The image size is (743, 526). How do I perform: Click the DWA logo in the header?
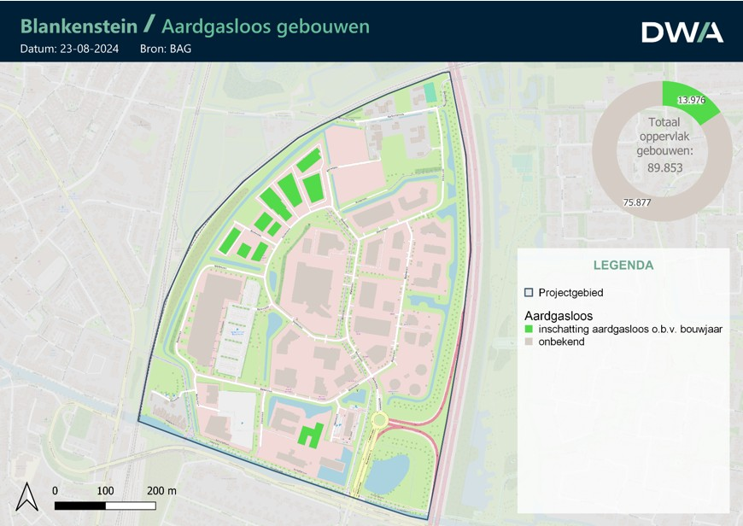click(682, 32)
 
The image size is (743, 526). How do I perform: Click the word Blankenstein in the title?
click(79, 26)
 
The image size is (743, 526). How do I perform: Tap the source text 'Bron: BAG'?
click(165, 49)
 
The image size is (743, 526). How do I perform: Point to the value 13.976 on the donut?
click(691, 101)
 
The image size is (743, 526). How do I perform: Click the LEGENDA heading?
click(623, 266)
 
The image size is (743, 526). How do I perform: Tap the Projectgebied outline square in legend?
click(529, 292)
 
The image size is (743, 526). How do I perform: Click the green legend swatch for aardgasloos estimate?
click(529, 329)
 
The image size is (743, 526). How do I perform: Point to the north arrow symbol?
click(27, 497)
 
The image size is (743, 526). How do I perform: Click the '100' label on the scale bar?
click(105, 491)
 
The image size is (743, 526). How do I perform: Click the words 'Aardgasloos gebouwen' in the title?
click(266, 26)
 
